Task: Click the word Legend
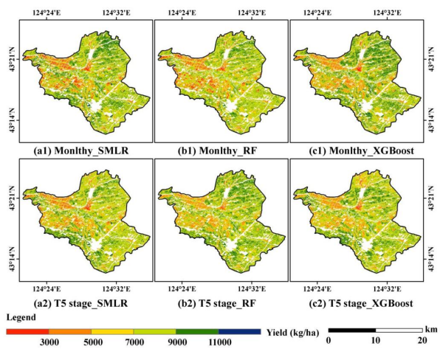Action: pyautogui.click(x=22, y=319)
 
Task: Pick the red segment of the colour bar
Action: pyautogui.click(x=27, y=332)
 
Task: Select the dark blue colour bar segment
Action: pyautogui.click(x=240, y=332)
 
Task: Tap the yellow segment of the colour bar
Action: pyautogui.click(x=112, y=332)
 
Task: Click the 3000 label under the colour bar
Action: pyautogui.click(x=49, y=344)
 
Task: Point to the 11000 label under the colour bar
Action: pyautogui.click(x=219, y=344)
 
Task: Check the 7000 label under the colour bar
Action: pyautogui.click(x=134, y=344)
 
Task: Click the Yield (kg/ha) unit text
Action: pyautogui.click(x=293, y=333)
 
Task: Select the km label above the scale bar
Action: pyautogui.click(x=430, y=325)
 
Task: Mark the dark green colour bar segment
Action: pyautogui.click(x=197, y=332)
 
